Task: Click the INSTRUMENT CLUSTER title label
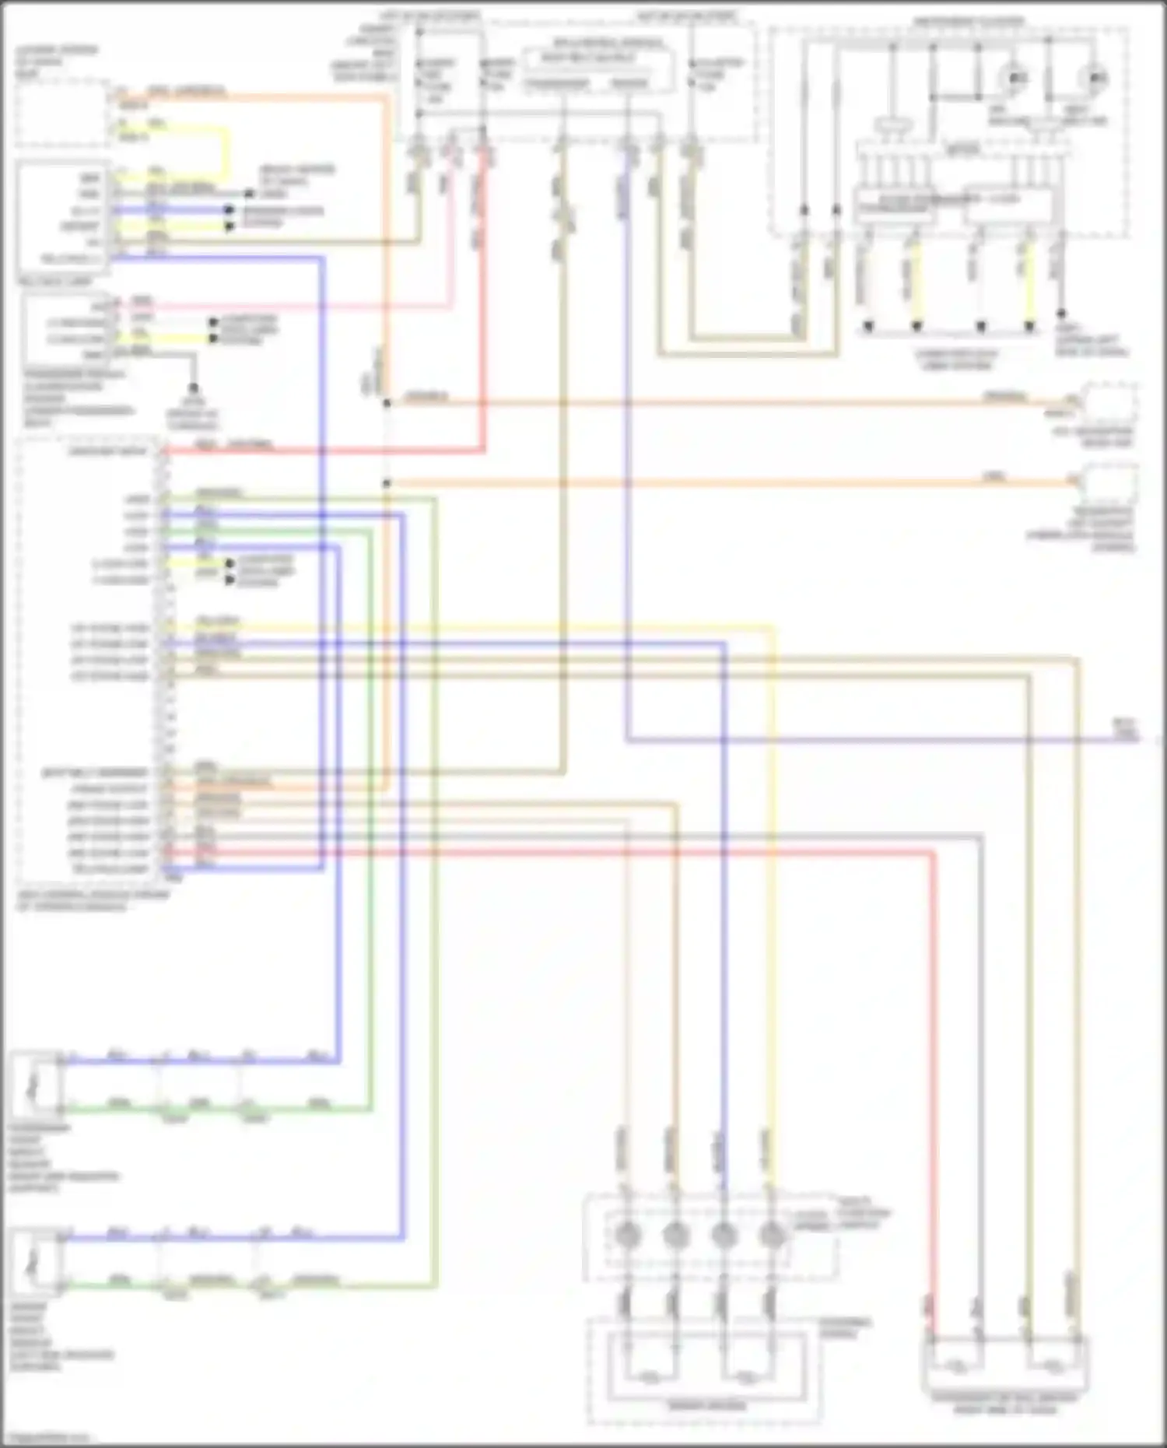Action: [968, 22]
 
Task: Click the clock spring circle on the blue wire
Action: [724, 1234]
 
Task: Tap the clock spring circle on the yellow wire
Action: [772, 1234]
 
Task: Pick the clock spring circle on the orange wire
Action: [675, 1234]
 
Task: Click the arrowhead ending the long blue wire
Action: [1147, 738]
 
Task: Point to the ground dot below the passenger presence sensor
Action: [193, 387]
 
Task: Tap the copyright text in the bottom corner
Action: [47, 1437]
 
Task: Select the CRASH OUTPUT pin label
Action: [109, 788]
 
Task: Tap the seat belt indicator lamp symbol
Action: [1095, 78]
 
